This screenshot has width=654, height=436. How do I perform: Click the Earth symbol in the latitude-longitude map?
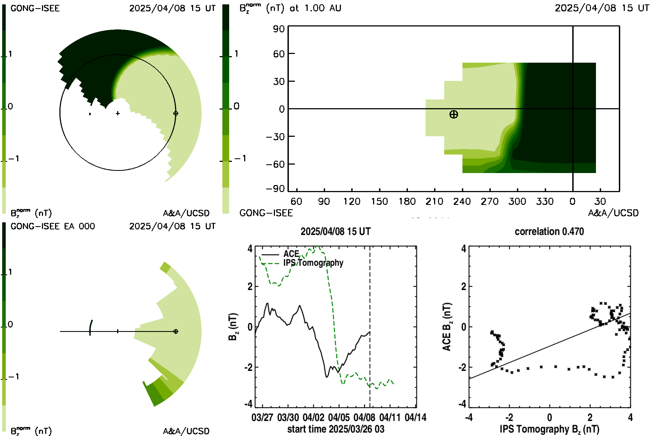click(x=453, y=114)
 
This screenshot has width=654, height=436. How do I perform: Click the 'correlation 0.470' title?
click(x=549, y=232)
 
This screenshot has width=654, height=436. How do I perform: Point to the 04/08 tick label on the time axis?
click(x=364, y=417)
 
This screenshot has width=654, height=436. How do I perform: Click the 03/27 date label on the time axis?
click(x=262, y=417)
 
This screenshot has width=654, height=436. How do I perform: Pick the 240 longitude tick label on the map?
click(x=462, y=201)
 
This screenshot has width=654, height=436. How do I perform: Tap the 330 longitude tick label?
click(x=545, y=201)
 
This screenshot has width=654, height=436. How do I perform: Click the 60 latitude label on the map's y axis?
click(x=279, y=54)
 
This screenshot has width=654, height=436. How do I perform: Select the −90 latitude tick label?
click(x=275, y=189)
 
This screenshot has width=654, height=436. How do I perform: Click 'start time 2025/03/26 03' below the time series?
click(x=336, y=429)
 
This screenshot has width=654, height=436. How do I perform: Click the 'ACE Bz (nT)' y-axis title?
click(x=447, y=327)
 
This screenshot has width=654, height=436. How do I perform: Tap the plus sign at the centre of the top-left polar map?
click(x=118, y=113)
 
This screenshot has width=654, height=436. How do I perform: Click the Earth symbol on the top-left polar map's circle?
click(x=176, y=113)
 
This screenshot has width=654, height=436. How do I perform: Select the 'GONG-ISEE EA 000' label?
click(x=53, y=226)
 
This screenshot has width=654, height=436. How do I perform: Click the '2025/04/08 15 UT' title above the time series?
click(x=336, y=232)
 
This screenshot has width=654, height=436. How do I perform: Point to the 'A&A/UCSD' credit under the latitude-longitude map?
click(x=613, y=213)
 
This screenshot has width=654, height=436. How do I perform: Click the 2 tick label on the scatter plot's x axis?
click(x=590, y=417)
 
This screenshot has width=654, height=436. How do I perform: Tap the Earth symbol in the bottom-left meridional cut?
click(x=176, y=331)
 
